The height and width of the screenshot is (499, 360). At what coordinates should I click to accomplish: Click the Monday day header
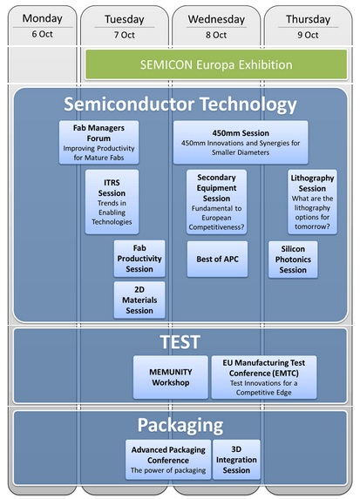point(43,18)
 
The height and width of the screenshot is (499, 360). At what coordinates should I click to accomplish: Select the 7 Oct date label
point(125,35)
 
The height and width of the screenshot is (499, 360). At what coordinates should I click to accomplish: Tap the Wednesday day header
point(216,19)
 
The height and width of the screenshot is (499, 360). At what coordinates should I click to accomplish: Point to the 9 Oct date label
point(308,35)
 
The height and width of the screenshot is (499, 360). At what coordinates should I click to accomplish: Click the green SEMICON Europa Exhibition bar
point(216,64)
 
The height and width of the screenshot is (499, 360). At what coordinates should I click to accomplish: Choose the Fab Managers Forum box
point(98,142)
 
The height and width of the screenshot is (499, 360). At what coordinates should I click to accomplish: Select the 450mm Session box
point(241,142)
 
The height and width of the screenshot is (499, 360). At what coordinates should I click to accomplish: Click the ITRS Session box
point(112,202)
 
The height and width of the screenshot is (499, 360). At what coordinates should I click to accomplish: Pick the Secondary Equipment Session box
point(217,202)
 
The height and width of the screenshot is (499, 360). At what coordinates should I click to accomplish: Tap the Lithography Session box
point(312,202)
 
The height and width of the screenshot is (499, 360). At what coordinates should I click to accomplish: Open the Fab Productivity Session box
point(139,259)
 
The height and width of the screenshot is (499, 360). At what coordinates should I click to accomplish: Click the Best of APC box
point(217,259)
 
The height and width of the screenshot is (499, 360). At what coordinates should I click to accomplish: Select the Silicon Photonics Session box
point(293,260)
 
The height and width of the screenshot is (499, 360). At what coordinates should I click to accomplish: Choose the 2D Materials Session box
point(139,300)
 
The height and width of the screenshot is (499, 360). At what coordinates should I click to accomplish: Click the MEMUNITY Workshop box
point(171,377)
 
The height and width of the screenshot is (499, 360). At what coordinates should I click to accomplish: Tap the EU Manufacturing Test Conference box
point(264,377)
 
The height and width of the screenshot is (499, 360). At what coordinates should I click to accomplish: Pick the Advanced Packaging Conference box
point(168,460)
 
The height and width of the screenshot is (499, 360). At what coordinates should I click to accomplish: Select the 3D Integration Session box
point(236,460)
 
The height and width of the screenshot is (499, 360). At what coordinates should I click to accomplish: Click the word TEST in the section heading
point(180,342)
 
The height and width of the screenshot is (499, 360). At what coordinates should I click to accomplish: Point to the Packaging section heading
point(180,425)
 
